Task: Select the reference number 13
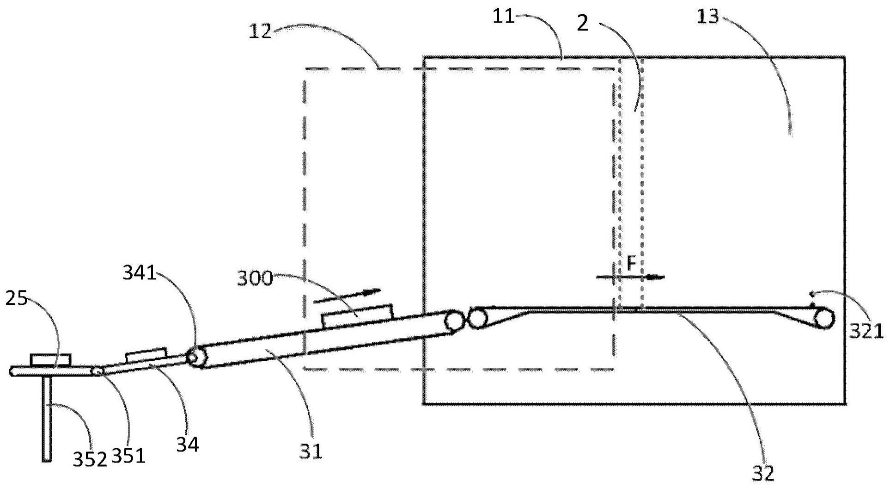pos(708,18)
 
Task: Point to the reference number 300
pos(255,279)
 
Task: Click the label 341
pos(139,273)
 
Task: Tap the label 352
pos(90,459)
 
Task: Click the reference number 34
pos(187,445)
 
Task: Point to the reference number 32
pos(762,472)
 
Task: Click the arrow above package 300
pos(347,296)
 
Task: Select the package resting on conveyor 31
pos(357,316)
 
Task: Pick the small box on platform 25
pos(51,359)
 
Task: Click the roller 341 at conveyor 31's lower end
pos(197,358)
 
